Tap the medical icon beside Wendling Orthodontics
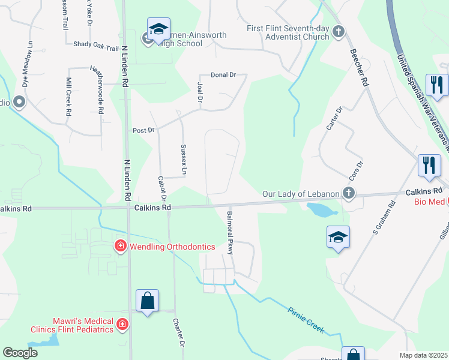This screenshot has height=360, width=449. tap(120, 246)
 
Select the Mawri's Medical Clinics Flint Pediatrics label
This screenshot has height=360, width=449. tap(73, 325)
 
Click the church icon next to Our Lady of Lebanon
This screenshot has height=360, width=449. tap(348, 193)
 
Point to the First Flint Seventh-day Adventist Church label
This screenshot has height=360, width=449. tap(288, 32)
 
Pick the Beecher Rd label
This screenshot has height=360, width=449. tap(358, 66)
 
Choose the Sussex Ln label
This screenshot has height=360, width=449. tap(184, 160)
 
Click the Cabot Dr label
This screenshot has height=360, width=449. tap(161, 188)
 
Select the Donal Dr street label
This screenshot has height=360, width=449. tap(223, 75)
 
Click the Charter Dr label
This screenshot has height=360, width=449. tap(178, 333)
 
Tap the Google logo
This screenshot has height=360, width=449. tap(20, 353)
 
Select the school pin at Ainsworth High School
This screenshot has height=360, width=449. tap(158, 29)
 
